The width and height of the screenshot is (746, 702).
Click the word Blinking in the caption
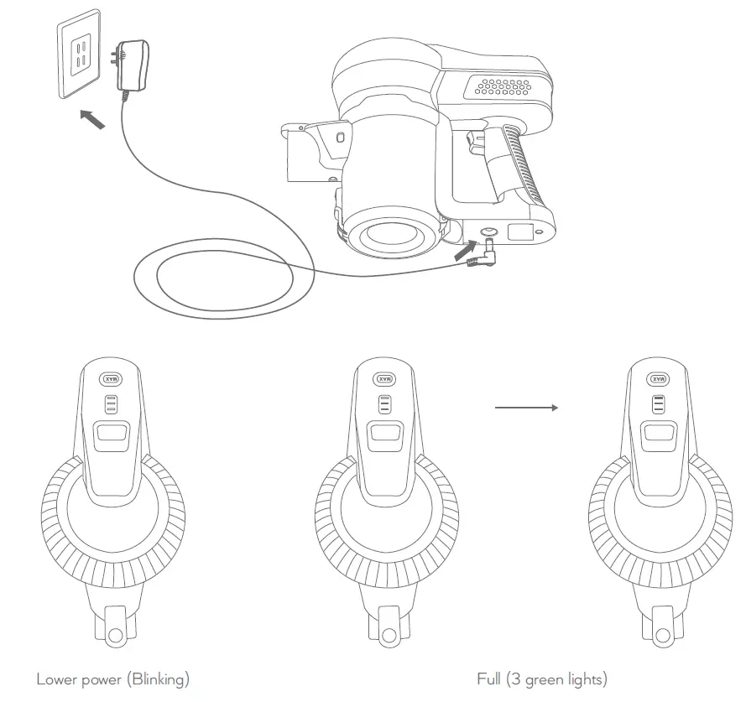(x=163, y=679)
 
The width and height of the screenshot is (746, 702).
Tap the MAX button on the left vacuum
(x=112, y=379)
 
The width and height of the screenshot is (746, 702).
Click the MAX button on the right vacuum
(x=658, y=379)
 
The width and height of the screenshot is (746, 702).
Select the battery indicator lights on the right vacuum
(x=658, y=406)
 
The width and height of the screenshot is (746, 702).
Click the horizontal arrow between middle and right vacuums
(x=526, y=408)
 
